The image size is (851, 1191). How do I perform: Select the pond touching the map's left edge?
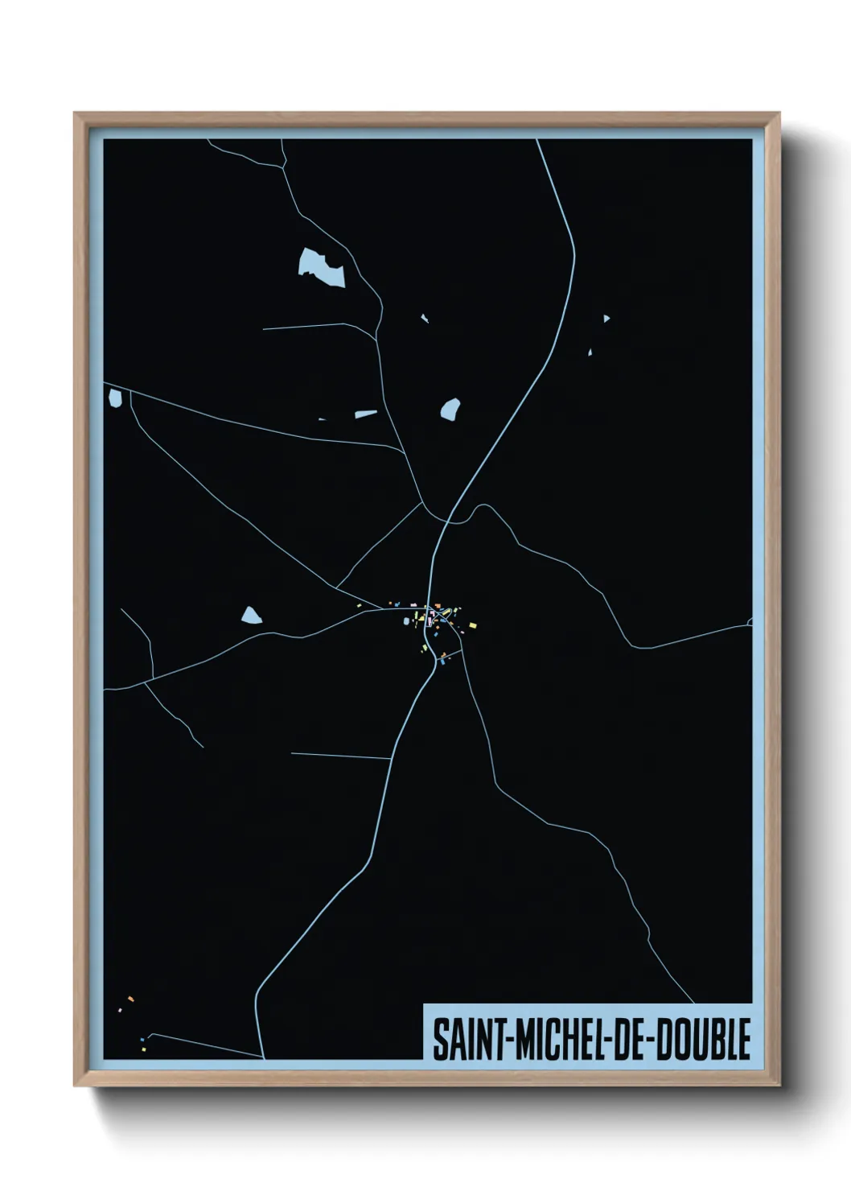(115, 397)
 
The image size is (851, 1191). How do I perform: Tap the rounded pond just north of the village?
(450, 410)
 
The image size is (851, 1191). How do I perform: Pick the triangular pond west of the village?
(252, 616)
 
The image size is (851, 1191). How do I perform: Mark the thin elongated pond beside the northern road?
(366, 414)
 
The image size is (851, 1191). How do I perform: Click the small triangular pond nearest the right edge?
(606, 319)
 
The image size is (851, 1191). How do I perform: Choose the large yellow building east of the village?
(472, 624)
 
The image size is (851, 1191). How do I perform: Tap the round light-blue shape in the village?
(406, 620)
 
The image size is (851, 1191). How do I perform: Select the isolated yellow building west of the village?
(360, 605)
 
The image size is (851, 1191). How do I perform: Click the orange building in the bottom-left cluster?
(130, 999)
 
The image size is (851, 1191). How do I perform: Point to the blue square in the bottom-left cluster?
(142, 1040)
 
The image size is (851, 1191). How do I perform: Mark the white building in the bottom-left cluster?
(120, 1009)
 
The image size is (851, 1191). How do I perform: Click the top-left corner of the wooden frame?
(75, 113)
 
